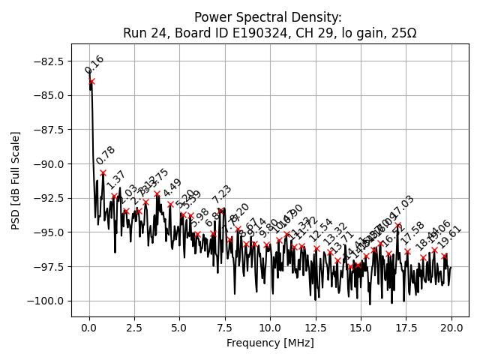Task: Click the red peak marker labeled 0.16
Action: [x=91, y=81]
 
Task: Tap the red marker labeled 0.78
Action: [x=103, y=172]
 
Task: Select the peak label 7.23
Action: [x=222, y=194]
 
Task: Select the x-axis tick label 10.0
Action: [x=270, y=327]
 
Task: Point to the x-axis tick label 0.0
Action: [x=89, y=327]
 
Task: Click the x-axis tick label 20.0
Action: [x=451, y=327]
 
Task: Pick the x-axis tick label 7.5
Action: [x=225, y=327]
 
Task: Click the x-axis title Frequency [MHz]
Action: [x=270, y=343]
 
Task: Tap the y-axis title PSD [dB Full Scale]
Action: [x=15, y=180]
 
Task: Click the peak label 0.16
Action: [x=94, y=64]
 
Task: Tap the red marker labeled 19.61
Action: [x=445, y=256]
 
